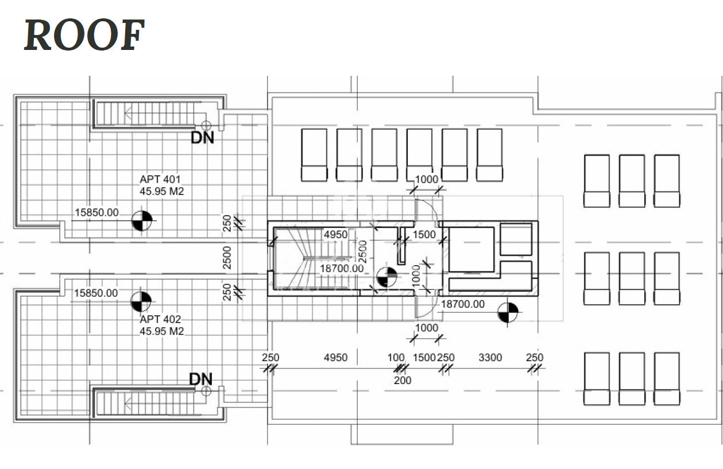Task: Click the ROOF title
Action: pyautogui.click(x=84, y=35)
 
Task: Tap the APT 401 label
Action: pyautogui.click(x=160, y=179)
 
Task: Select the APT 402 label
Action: pyautogui.click(x=160, y=319)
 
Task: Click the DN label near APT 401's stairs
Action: pyautogui.click(x=202, y=138)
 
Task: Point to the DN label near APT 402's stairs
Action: pyautogui.click(x=201, y=379)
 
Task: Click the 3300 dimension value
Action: pyautogui.click(x=490, y=358)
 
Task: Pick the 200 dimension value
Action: pyautogui.click(x=403, y=380)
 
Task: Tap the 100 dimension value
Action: pyautogui.click(x=396, y=358)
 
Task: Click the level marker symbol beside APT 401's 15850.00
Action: pyautogui.click(x=142, y=220)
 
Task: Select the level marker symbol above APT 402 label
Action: pyautogui.click(x=141, y=301)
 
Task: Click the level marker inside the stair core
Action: pyautogui.click(x=387, y=277)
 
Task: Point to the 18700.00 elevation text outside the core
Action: pyautogui.click(x=462, y=304)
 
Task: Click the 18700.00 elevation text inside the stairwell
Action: pyautogui.click(x=342, y=268)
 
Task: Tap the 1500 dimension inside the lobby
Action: pyautogui.click(x=424, y=234)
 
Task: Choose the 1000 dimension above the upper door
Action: pyautogui.click(x=426, y=179)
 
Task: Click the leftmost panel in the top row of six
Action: pyautogui.click(x=314, y=155)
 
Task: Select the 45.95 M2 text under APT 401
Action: pyautogui.click(x=162, y=191)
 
